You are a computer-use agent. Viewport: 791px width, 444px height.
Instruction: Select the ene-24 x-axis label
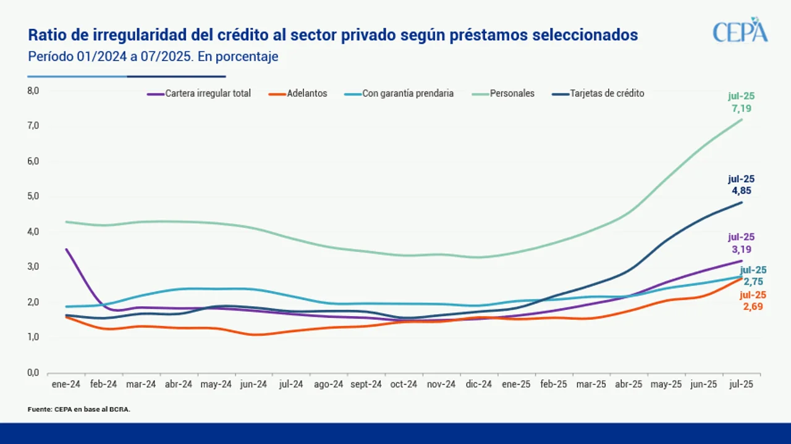pos(66,384)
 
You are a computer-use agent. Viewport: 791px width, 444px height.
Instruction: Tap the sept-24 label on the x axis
pos(366,384)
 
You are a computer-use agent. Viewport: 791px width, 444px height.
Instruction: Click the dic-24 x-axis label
pos(478,384)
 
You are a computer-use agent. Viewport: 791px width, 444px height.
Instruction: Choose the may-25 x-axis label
pos(666,384)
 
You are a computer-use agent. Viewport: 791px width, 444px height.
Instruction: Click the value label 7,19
pos(742,109)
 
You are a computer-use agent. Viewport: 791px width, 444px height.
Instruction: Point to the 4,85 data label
pos(742,191)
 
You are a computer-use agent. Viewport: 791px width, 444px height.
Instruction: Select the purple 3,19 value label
pos(742,249)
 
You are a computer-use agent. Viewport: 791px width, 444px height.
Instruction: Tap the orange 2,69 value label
pos(753,306)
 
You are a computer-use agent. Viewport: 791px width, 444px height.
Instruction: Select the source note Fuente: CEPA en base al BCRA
pos(79,409)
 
